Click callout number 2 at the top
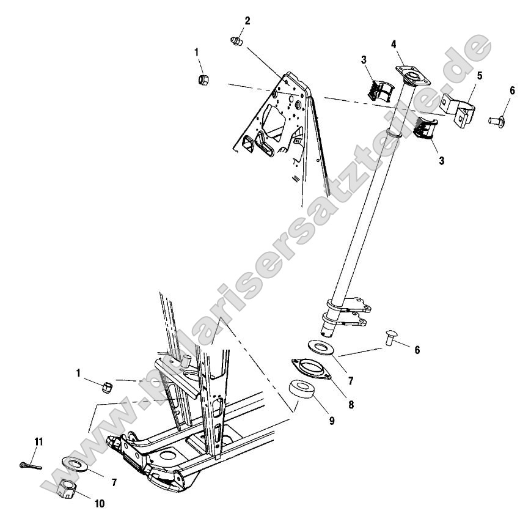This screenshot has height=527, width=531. [x=247, y=21]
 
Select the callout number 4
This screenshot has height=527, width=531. [x=394, y=44]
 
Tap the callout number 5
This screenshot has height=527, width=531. [x=480, y=76]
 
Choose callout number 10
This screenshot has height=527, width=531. [x=99, y=504]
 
